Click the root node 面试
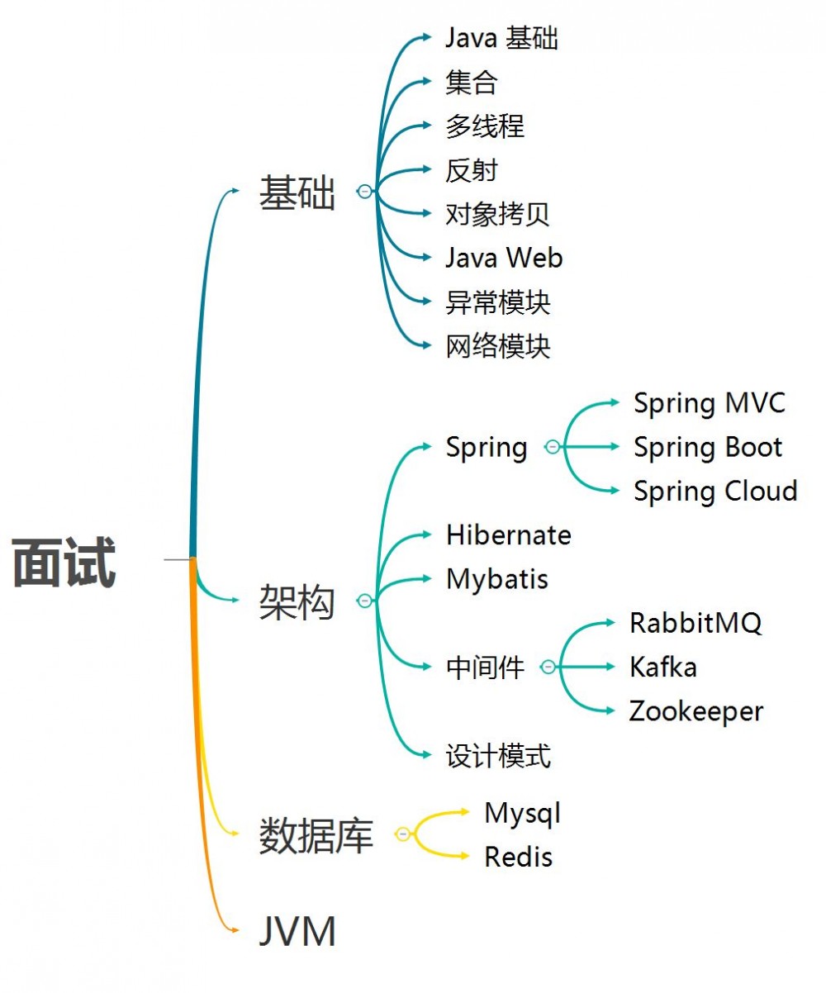pos(64,563)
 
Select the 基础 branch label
pos(297,192)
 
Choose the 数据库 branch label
pos(316,835)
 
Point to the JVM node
pos(298,933)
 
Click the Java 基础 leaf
pos(502,38)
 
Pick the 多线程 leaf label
pos(485,126)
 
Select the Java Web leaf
pos(504,258)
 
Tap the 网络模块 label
pos(498,346)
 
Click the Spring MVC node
pos(710,403)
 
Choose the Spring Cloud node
pos(715,491)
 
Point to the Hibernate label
pos(509,535)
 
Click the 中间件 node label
pos(485,667)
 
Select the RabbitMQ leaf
pos(695,623)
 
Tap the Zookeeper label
pos(696,711)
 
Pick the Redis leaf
pos(518,857)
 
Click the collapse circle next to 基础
pos(365,192)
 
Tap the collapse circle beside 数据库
pos(403,834)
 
